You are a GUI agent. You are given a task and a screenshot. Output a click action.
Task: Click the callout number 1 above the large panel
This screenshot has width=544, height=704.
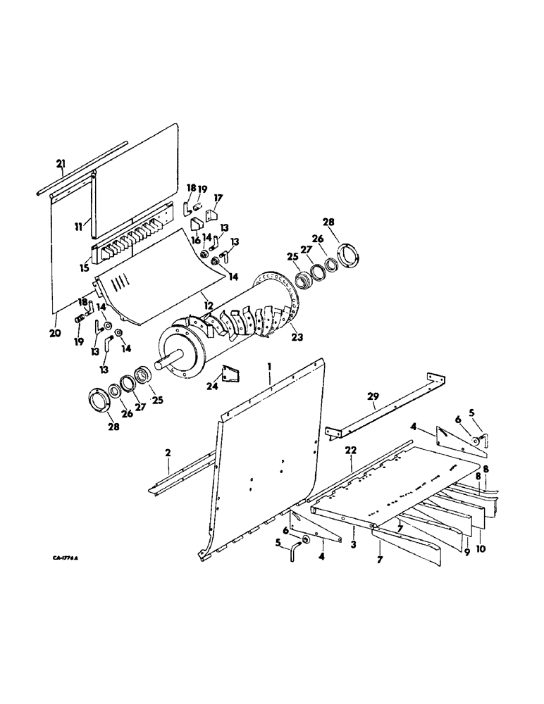[269, 367]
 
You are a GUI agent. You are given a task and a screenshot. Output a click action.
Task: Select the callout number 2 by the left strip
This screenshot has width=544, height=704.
[168, 455]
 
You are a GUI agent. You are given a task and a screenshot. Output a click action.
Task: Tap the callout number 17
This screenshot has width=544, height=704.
[218, 199]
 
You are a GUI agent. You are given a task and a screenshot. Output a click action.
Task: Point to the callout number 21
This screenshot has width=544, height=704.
[61, 164]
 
